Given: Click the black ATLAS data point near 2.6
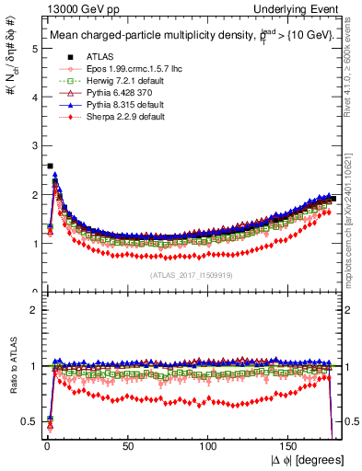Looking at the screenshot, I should pyautogui.click(x=49, y=167).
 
